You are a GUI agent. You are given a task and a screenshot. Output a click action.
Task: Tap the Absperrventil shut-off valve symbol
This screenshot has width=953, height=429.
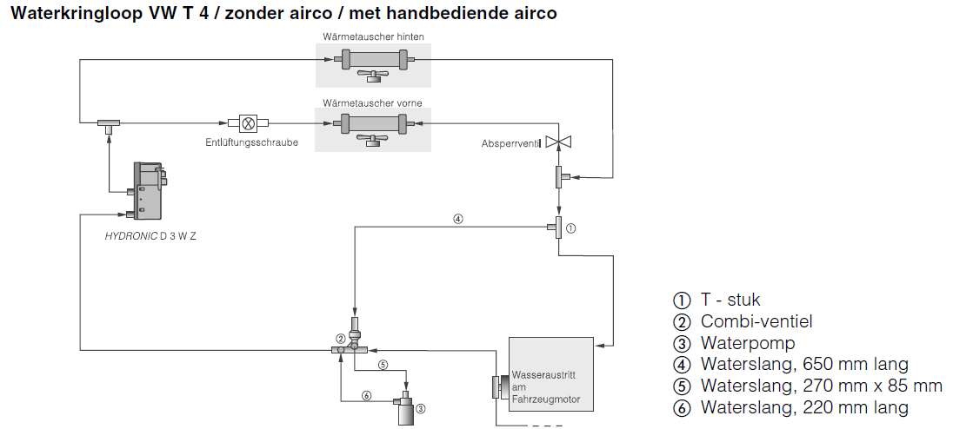click(558, 142)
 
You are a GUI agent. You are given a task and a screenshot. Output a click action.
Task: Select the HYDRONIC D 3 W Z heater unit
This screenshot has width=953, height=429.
click(145, 190)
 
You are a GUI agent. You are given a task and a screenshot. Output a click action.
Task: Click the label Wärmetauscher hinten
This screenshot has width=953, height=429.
click(373, 37)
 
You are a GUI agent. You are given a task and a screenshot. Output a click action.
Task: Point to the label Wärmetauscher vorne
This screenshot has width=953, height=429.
click(372, 103)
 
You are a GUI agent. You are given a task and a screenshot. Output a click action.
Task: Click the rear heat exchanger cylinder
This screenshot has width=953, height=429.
click(372, 60)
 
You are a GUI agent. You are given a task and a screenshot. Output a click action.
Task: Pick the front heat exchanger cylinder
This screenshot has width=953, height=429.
click(372, 124)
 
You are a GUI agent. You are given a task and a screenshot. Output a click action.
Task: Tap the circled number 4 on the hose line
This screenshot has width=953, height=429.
click(457, 219)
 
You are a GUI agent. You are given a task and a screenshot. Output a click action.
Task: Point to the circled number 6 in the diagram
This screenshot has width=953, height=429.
click(366, 396)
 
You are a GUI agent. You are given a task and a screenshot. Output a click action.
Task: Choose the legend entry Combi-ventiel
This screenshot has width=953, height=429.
click(756, 321)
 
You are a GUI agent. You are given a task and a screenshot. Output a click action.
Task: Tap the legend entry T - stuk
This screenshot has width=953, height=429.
click(730, 300)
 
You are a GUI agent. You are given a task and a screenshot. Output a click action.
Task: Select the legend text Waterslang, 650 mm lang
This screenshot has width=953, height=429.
click(803, 365)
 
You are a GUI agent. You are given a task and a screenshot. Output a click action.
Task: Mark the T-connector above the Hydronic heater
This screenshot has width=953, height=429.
click(108, 124)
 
